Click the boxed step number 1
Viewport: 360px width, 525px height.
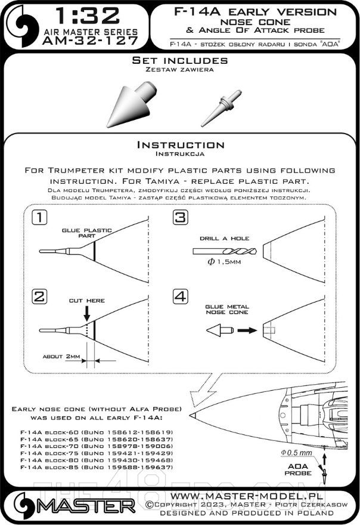tap(39, 219)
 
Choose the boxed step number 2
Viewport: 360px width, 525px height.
tap(39, 296)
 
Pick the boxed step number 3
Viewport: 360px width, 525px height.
tap(179, 219)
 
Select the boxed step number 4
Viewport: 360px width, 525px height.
tap(179, 296)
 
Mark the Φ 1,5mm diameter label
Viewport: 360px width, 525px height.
tap(221, 267)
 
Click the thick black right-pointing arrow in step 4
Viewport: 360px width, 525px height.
tap(244, 329)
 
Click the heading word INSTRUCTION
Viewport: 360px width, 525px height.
tap(180, 145)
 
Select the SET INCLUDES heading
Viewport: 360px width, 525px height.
tap(180, 61)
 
